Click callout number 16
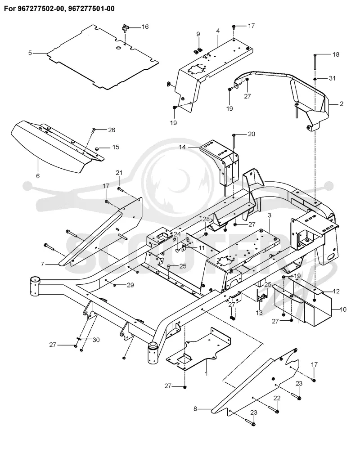click(x=145, y=27)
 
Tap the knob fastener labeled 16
click(x=126, y=29)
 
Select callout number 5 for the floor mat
click(x=30, y=53)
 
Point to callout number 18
click(x=336, y=54)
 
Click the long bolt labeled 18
click(x=315, y=62)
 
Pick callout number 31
click(x=332, y=78)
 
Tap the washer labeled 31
click(x=315, y=79)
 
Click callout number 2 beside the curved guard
click(x=342, y=104)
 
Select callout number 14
click(x=183, y=147)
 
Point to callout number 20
click(x=252, y=135)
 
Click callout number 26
click(x=112, y=130)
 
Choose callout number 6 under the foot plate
click(x=38, y=176)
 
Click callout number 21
click(x=119, y=173)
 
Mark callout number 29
click(x=130, y=285)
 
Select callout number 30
click(x=96, y=340)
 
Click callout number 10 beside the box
click(x=343, y=309)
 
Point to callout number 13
click(x=259, y=313)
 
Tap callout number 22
click(x=277, y=398)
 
